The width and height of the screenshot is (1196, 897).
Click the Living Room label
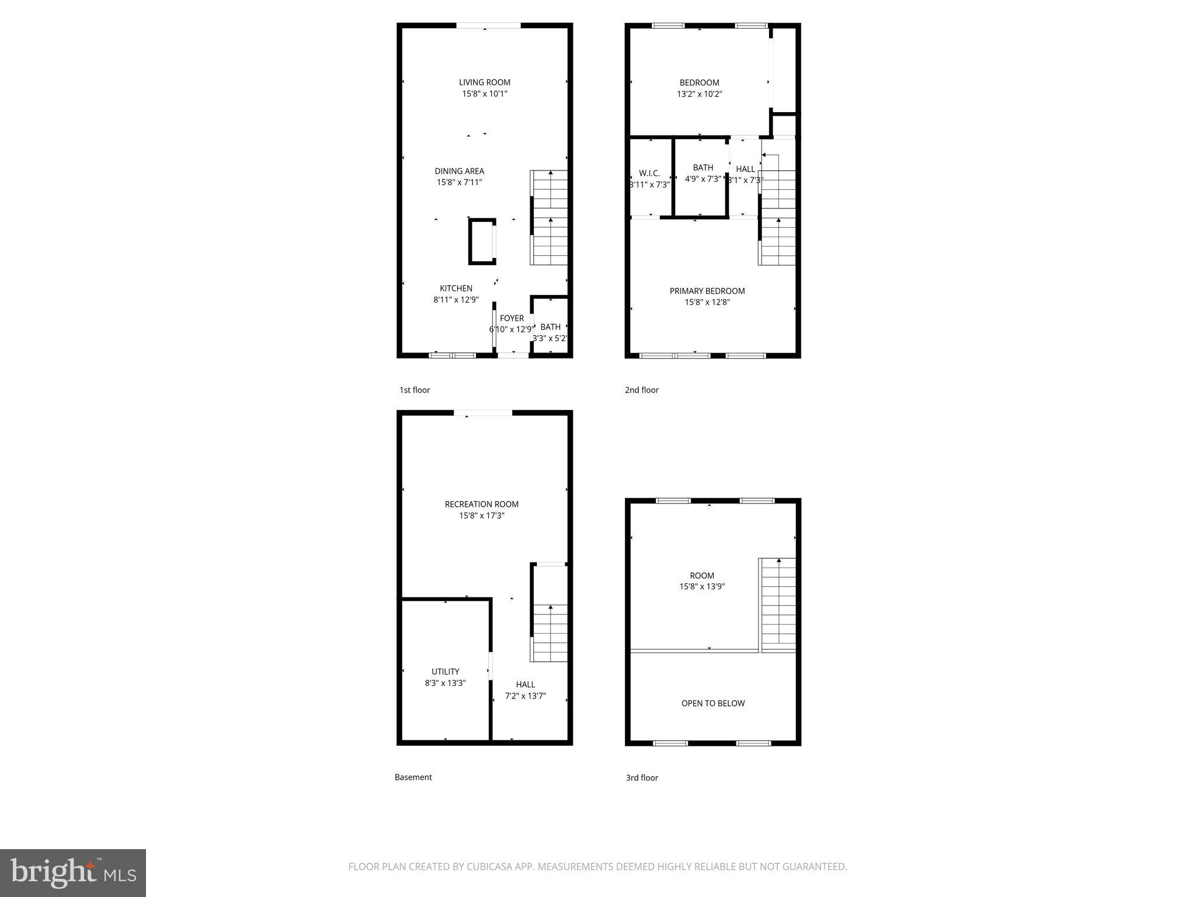[x=484, y=82]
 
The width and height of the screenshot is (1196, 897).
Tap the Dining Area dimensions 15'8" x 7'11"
[x=459, y=182]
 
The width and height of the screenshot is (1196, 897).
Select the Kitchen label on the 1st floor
[x=456, y=288]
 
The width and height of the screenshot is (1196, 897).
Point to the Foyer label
[x=512, y=318]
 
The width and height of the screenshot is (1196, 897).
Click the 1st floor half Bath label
[x=550, y=327]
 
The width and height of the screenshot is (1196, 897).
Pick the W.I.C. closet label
[x=649, y=173]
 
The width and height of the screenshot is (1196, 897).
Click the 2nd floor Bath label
[x=703, y=168]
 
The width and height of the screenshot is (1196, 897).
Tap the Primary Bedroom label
[x=707, y=291]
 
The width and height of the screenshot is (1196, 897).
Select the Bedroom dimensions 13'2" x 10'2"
[x=699, y=94]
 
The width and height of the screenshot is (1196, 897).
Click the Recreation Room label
[x=481, y=504]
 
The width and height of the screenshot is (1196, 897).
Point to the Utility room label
[x=445, y=672]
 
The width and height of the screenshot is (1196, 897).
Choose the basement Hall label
[x=525, y=684]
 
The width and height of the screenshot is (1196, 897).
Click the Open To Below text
[x=712, y=703]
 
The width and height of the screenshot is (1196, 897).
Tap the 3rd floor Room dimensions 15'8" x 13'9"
[x=701, y=587]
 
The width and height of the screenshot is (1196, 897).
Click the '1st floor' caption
[x=414, y=390]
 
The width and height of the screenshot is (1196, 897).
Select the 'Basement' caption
[x=413, y=777]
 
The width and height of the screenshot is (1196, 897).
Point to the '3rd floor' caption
[x=641, y=778]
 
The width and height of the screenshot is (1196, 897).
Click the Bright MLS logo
[x=73, y=872]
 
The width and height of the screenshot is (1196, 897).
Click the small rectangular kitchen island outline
[x=482, y=241]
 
